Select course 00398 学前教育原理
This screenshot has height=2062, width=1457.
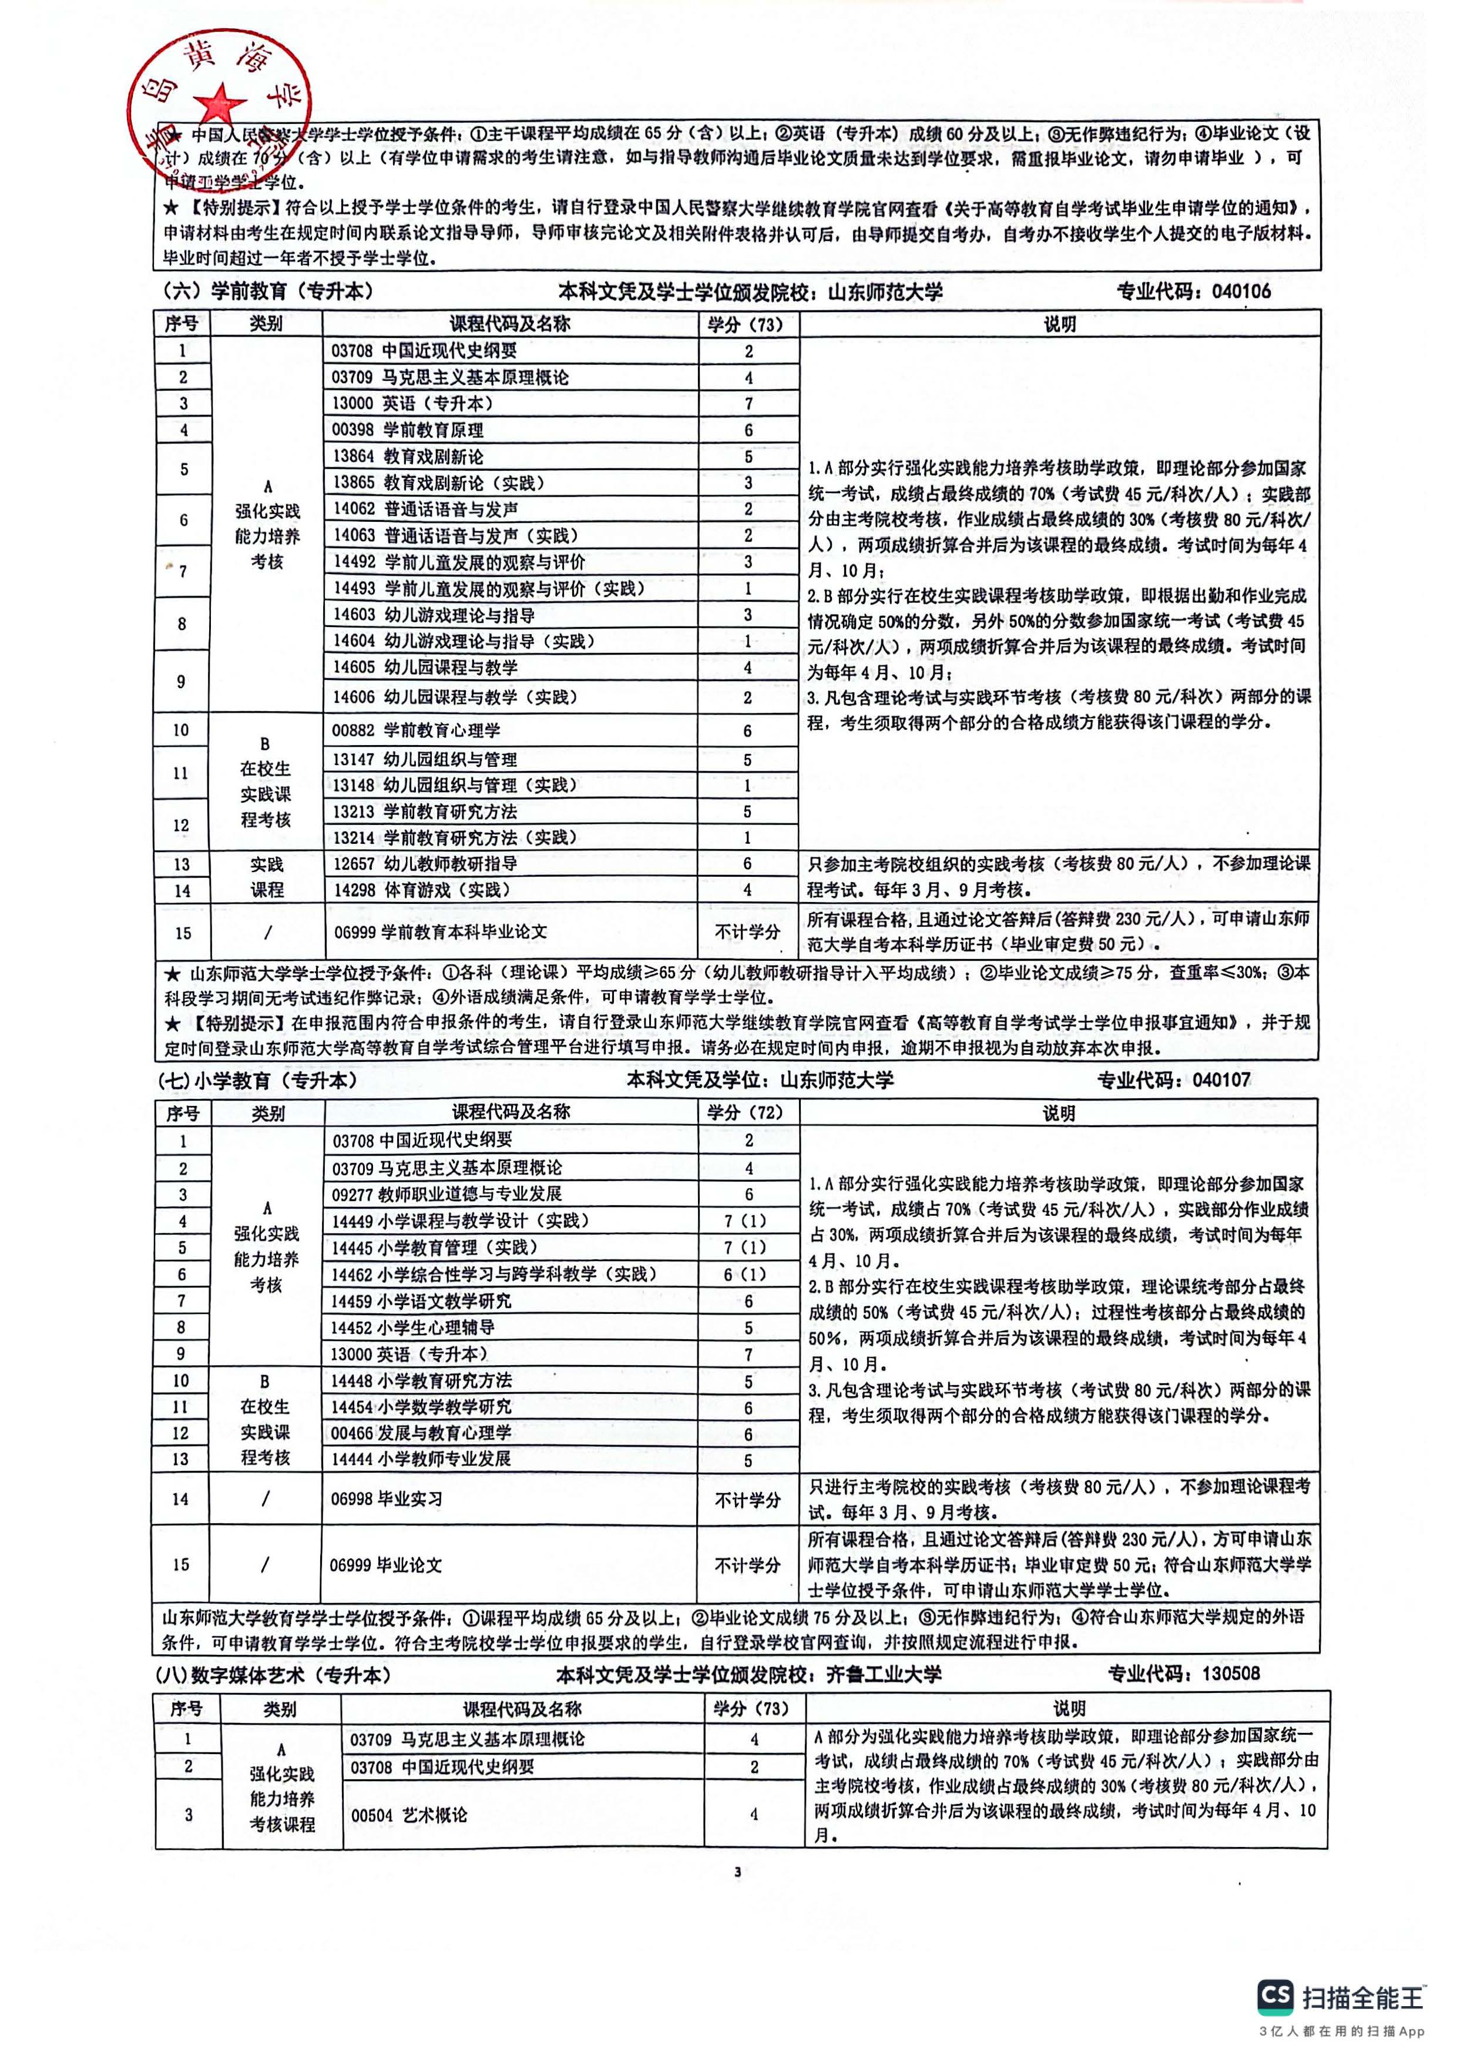tap(408, 430)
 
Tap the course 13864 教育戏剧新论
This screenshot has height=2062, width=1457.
tap(408, 456)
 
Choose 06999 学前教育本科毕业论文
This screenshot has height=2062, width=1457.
tap(440, 932)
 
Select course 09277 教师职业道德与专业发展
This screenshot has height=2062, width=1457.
tap(447, 1193)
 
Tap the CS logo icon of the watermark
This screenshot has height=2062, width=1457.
tap(1275, 1996)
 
